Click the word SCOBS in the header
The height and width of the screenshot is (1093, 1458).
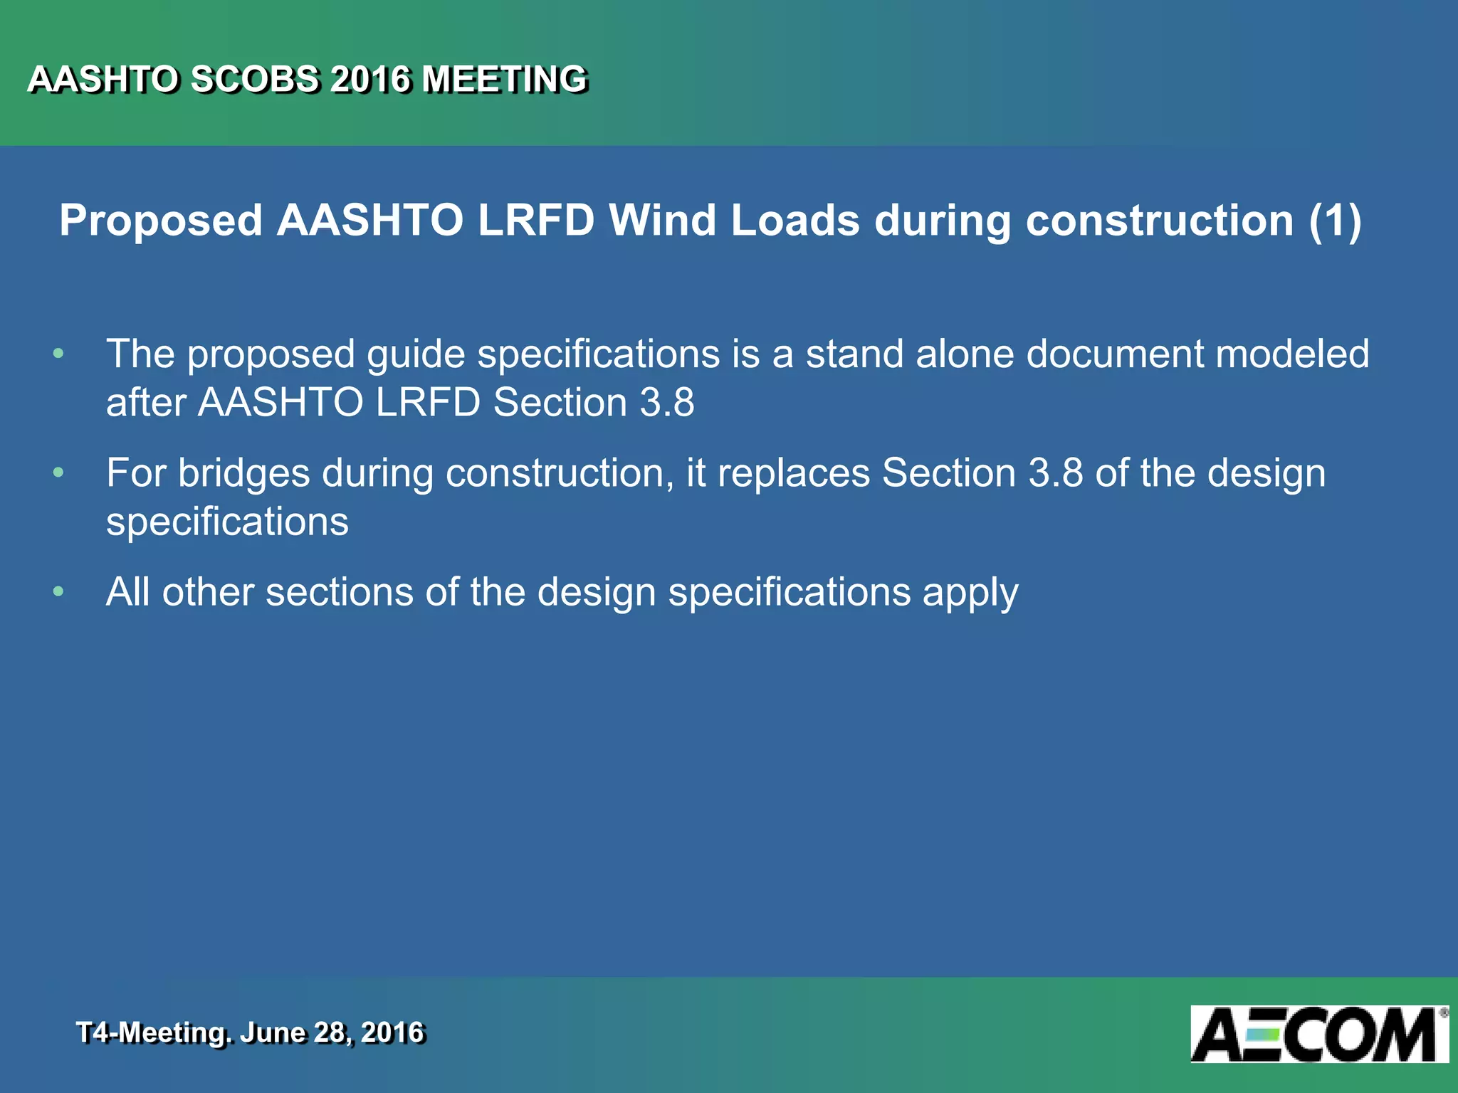click(x=254, y=79)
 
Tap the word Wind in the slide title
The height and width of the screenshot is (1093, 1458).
click(x=662, y=220)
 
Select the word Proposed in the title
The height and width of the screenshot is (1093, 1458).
click(x=161, y=221)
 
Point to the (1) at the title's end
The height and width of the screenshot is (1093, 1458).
click(x=1335, y=221)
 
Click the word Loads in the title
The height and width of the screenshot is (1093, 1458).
click(x=795, y=220)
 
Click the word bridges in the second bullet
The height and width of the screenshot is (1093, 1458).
click(x=243, y=474)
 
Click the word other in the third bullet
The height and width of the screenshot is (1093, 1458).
click(x=207, y=592)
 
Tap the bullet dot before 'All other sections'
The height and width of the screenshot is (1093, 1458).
click(x=58, y=591)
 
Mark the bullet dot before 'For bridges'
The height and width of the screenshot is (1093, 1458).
click(x=58, y=472)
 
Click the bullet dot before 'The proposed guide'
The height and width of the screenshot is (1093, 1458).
click(x=58, y=353)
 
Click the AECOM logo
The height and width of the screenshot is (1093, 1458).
click(x=1318, y=1034)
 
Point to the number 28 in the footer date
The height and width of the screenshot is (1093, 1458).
click(x=330, y=1033)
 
